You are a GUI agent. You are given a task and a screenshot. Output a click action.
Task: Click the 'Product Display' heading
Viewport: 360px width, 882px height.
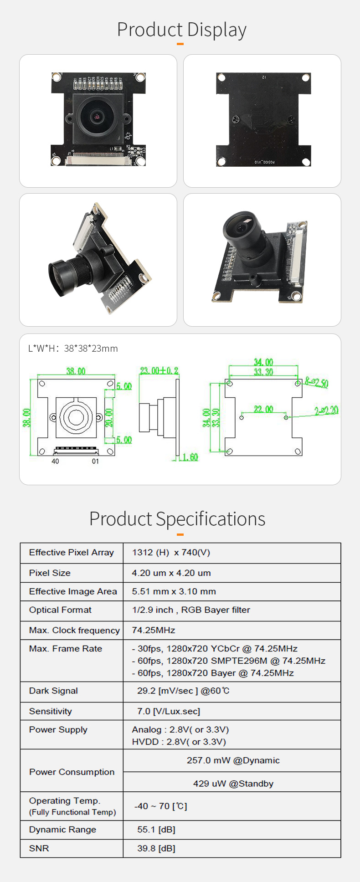coord(181,30)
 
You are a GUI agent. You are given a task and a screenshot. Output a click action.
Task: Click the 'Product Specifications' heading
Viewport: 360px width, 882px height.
coord(177,519)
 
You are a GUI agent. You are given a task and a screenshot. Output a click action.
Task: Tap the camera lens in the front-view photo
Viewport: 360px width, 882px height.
coord(97,117)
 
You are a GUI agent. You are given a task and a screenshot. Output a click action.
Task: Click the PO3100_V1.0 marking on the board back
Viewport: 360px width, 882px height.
coord(264,162)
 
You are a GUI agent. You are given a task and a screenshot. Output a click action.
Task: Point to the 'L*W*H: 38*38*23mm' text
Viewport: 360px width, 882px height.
coord(73,349)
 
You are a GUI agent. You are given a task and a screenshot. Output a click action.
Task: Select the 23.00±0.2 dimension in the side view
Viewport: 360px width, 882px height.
coord(159,370)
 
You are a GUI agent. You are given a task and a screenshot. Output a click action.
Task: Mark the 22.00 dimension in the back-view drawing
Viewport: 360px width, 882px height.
coord(263,409)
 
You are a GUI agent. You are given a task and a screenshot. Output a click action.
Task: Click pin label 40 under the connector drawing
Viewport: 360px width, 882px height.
coord(55,461)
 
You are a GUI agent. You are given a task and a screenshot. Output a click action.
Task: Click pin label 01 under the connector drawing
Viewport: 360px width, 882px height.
coord(95,461)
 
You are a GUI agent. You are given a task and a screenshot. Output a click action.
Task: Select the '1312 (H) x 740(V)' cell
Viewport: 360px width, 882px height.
coord(171,553)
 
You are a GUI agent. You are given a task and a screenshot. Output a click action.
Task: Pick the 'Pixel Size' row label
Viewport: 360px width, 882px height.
coord(50,573)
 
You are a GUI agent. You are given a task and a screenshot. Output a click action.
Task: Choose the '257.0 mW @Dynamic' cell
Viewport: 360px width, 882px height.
coord(233,760)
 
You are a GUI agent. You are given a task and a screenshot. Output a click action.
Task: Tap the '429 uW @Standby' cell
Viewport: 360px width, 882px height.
coord(233,784)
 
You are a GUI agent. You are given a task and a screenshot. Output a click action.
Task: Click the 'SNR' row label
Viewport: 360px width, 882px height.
coord(39,848)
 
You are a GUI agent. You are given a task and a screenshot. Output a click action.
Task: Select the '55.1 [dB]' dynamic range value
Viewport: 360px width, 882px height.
coord(156,830)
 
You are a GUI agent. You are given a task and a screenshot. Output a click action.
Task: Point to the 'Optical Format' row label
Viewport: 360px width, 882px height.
coord(60,610)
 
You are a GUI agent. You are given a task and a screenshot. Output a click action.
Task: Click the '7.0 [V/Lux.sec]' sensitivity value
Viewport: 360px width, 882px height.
coord(169,711)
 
